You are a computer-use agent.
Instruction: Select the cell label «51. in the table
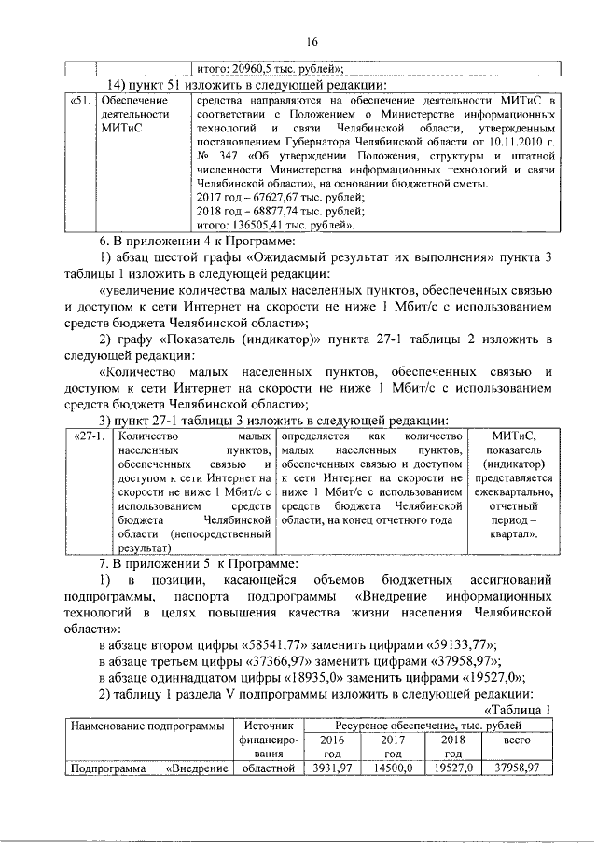pyautogui.click(x=81, y=100)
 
